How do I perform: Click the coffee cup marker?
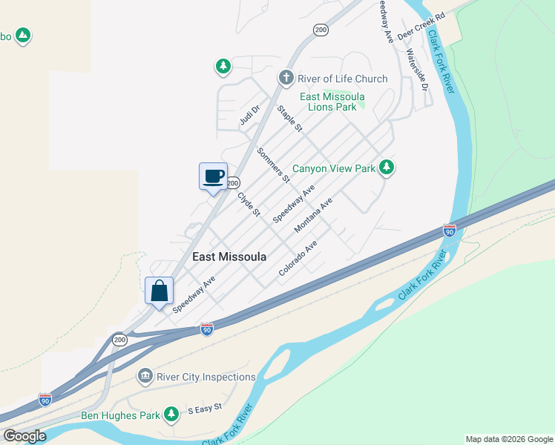click(x=214, y=177)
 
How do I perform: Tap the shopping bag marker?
click(x=160, y=291)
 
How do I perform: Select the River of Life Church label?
click(x=343, y=79)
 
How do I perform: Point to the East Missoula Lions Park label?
click(x=333, y=102)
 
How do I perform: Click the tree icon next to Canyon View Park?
click(x=386, y=168)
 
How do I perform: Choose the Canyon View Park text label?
click(x=334, y=168)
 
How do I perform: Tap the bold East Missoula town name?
click(x=229, y=257)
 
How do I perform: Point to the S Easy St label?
click(x=205, y=409)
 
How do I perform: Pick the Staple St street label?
click(x=290, y=119)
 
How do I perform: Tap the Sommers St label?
click(x=272, y=165)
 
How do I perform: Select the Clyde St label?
click(x=249, y=205)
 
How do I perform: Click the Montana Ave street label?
click(x=313, y=216)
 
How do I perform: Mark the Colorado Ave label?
click(x=298, y=258)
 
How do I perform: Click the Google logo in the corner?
click(x=24, y=436)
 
